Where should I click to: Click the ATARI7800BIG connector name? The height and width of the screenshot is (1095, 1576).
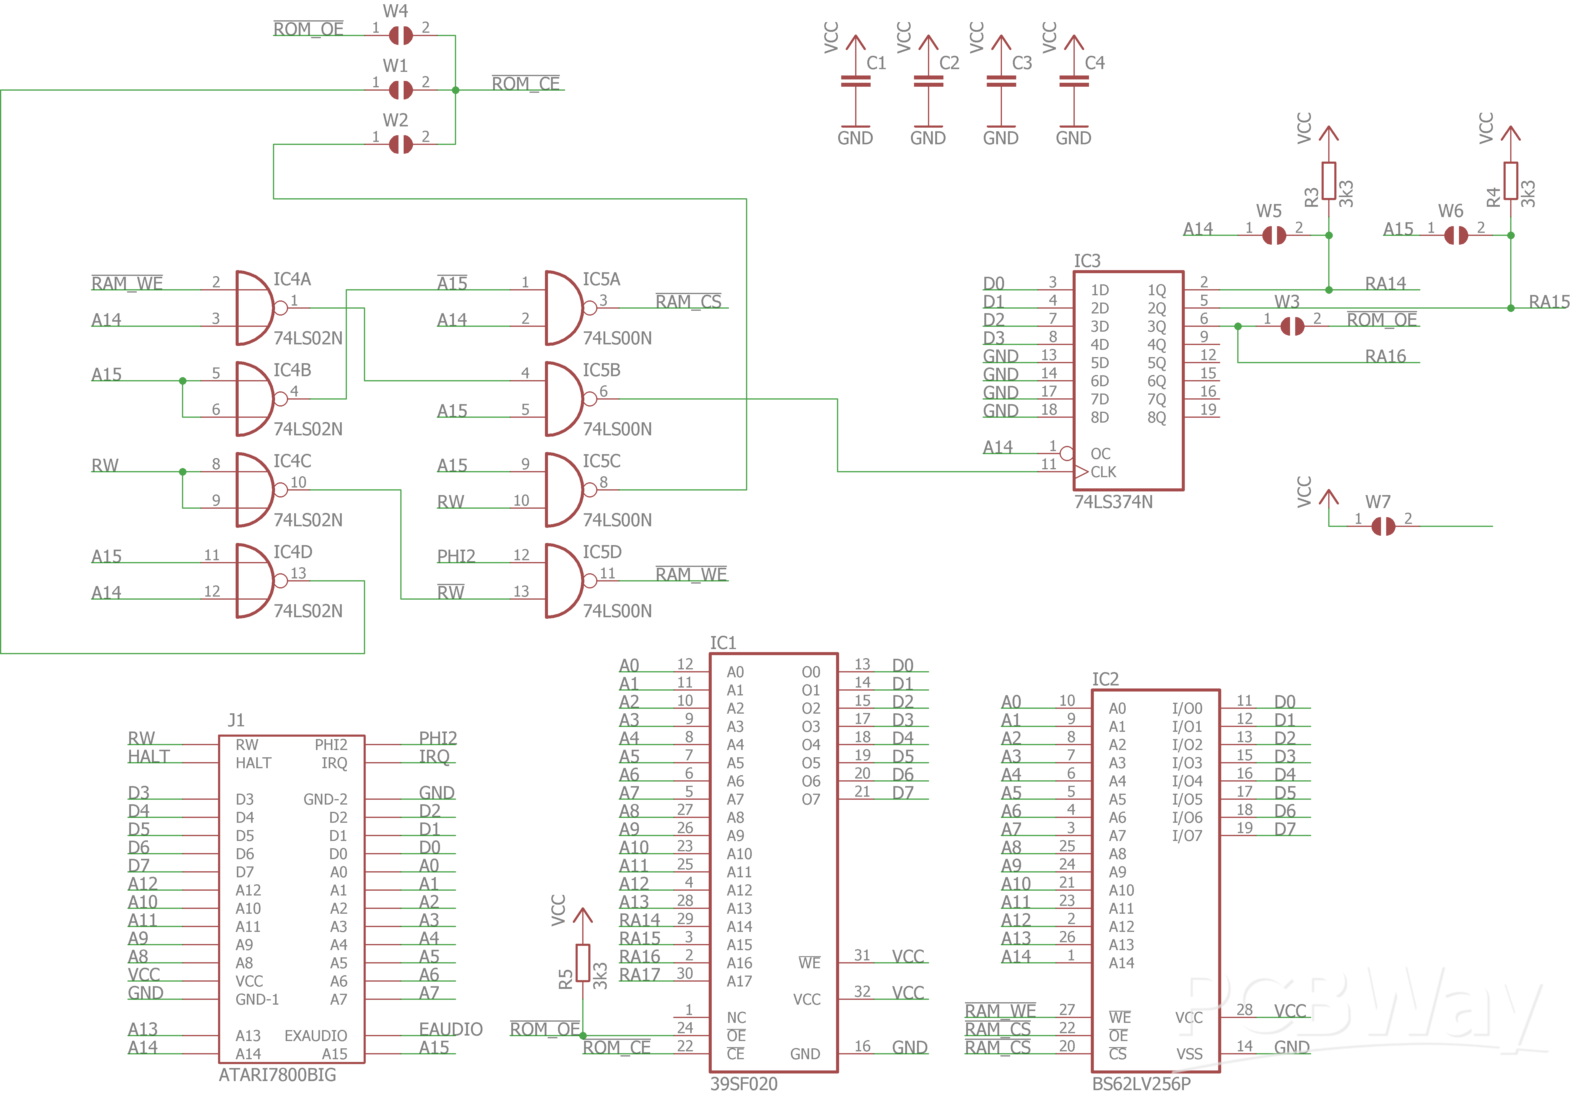277,1075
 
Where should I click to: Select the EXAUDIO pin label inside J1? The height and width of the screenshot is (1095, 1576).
316,1035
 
